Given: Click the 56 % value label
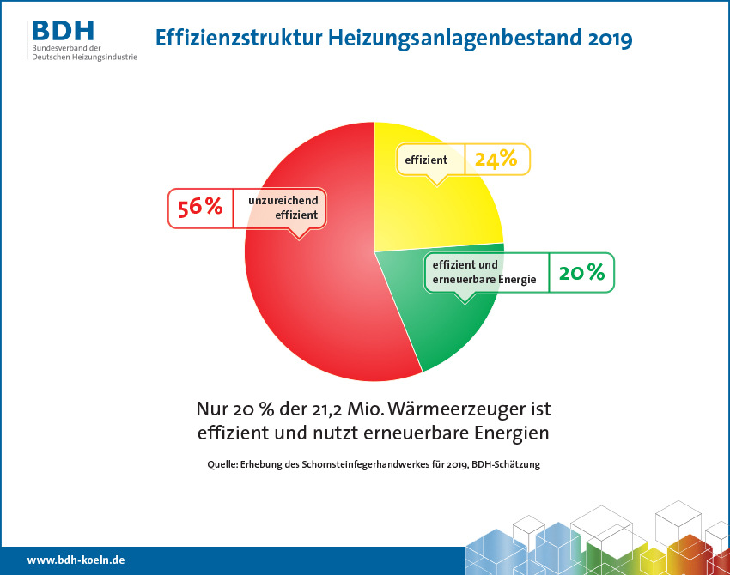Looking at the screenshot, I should click(x=200, y=207).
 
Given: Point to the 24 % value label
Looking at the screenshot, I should click(x=496, y=159).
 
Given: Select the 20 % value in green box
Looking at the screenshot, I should click(x=581, y=273).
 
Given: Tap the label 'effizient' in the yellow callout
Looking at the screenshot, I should click(x=426, y=160).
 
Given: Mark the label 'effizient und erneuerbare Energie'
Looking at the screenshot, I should click(x=484, y=272).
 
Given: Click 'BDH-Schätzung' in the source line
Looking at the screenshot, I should click(x=508, y=464).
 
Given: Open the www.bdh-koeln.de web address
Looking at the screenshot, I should click(x=76, y=560).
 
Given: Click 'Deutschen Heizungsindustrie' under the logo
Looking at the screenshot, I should click(x=83, y=56).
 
